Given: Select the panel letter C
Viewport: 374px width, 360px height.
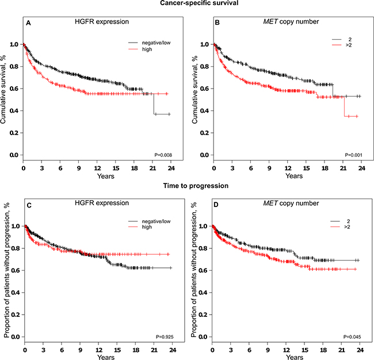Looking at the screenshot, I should click(28, 204).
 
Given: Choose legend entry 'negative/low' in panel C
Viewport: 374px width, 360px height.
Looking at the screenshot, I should click(154, 221).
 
